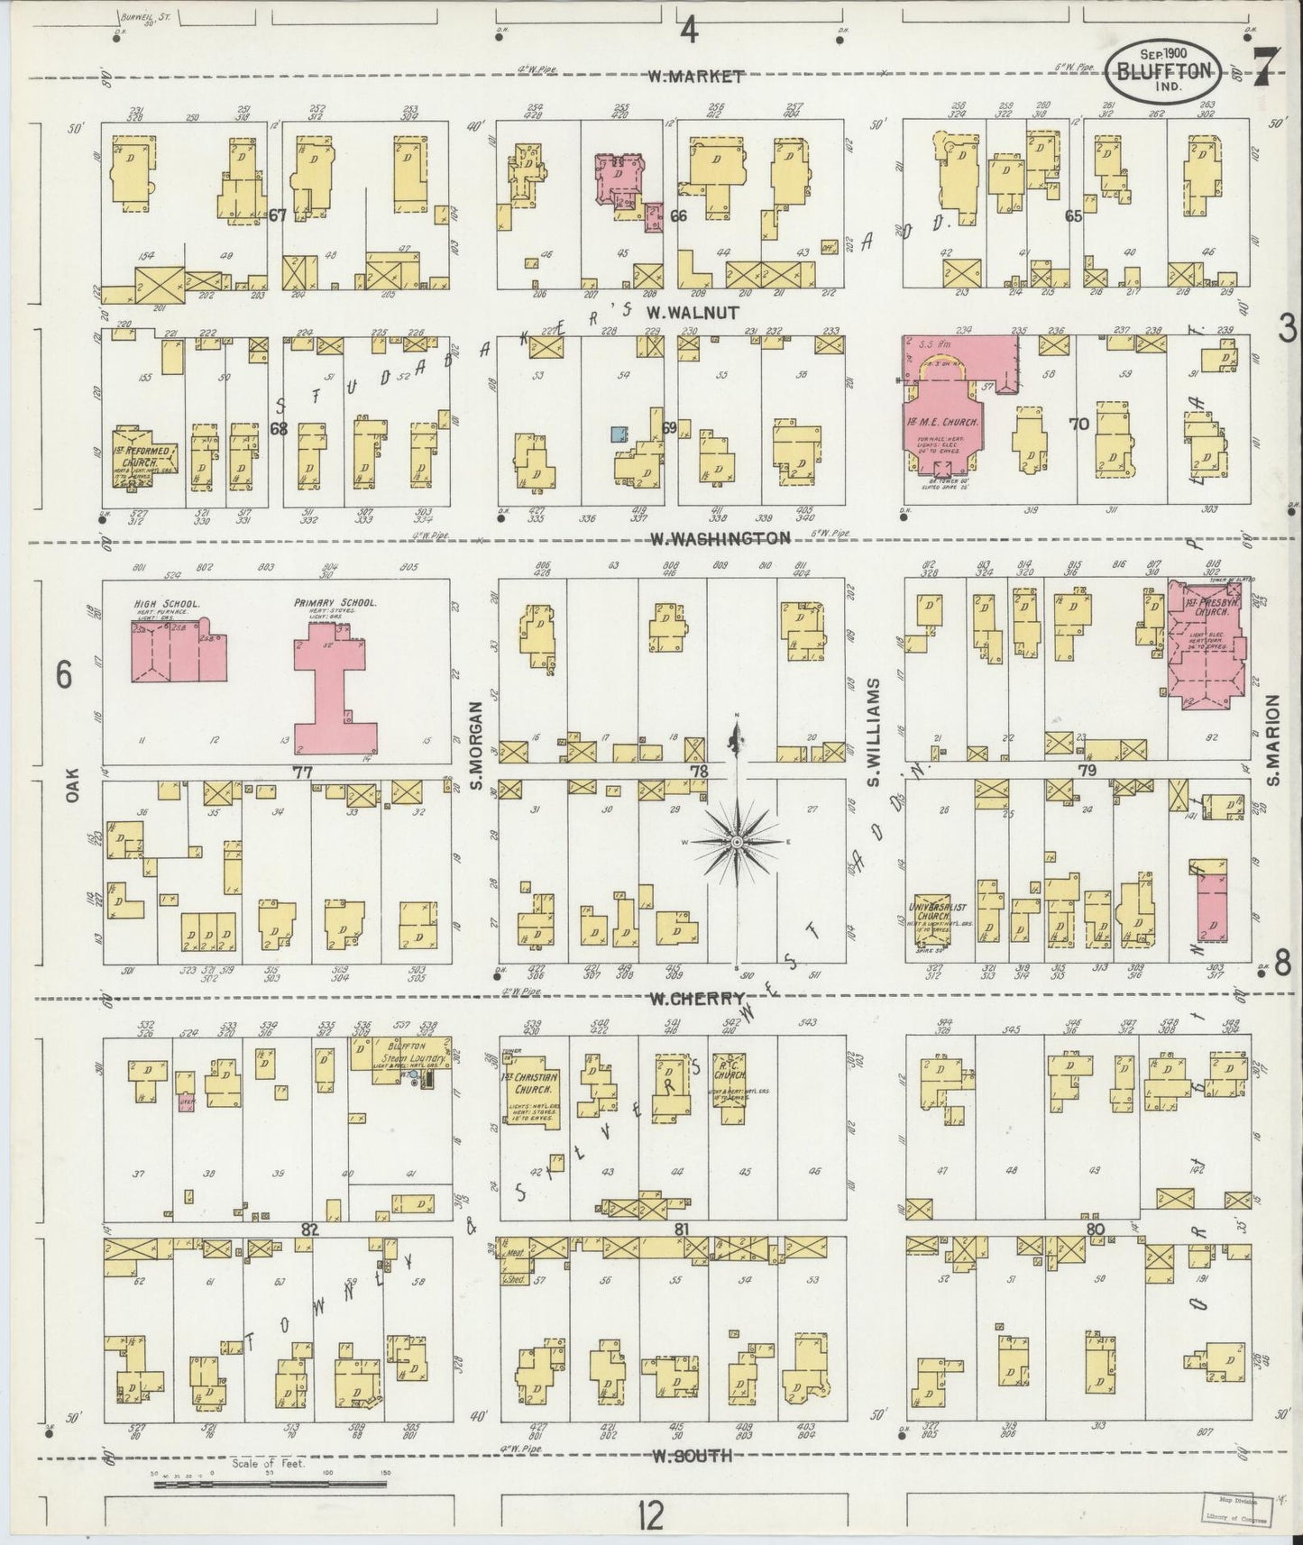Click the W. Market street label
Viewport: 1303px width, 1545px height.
[x=696, y=77]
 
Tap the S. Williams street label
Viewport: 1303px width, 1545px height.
[x=873, y=734]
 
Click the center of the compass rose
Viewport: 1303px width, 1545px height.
[x=737, y=841]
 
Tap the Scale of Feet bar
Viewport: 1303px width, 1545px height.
[x=271, y=1483]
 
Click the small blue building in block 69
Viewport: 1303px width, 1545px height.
[x=619, y=434]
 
